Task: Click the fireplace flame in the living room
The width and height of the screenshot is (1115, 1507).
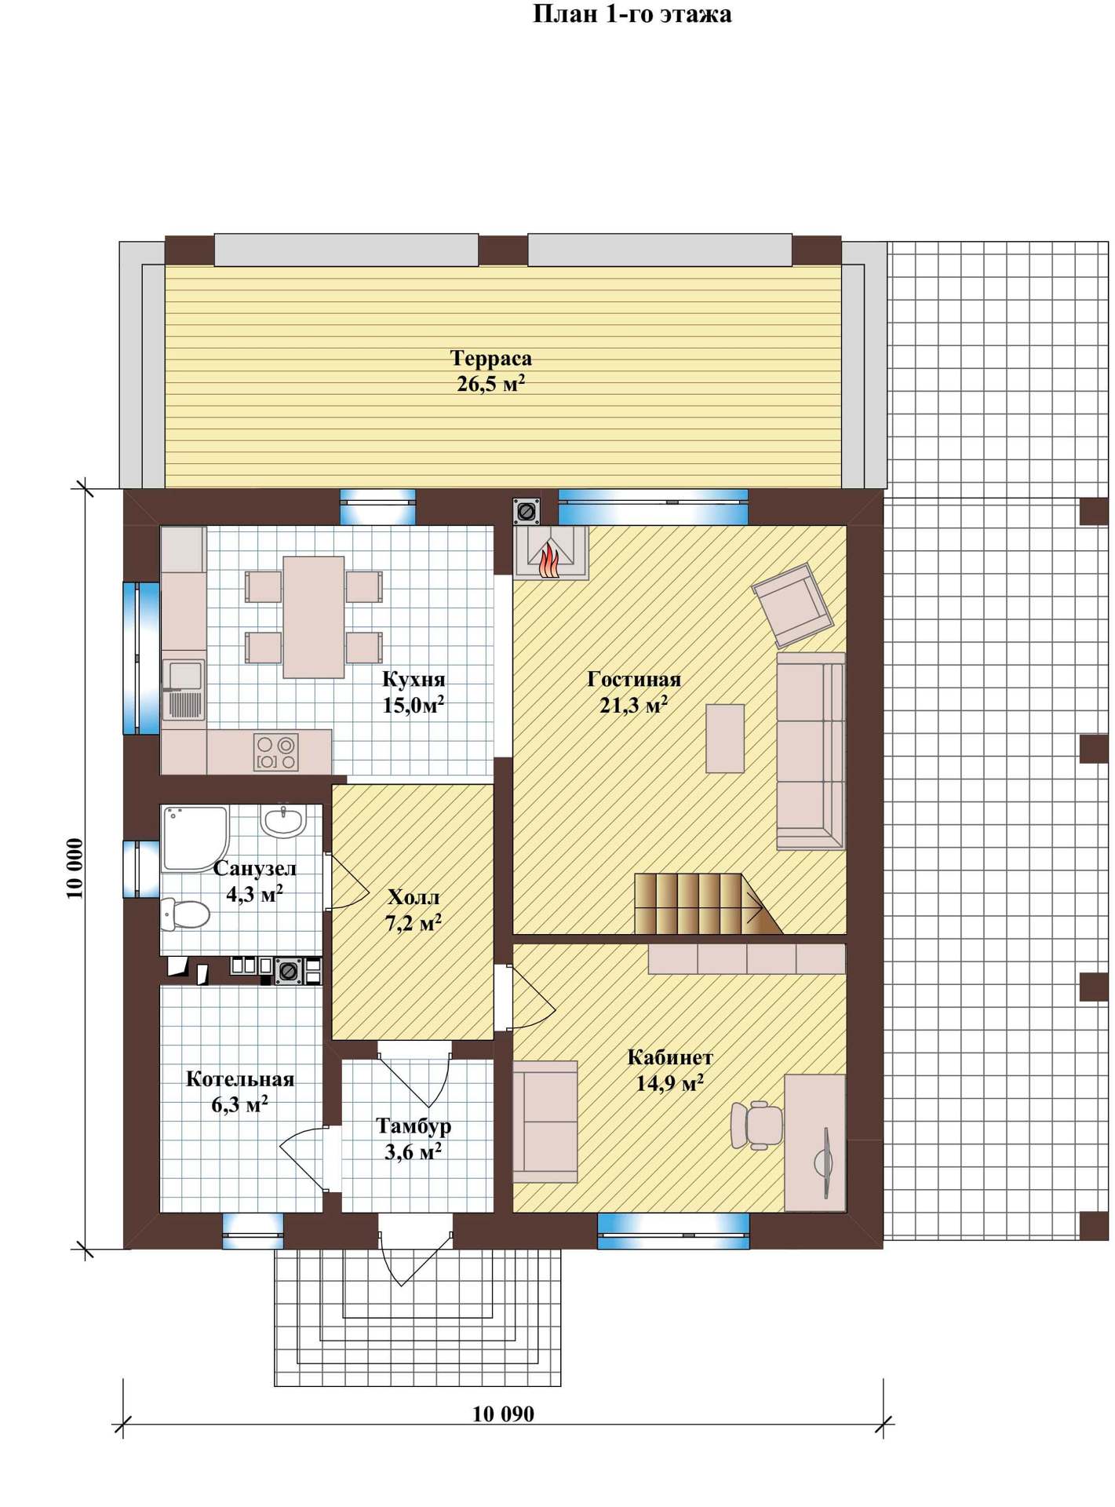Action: pos(549,558)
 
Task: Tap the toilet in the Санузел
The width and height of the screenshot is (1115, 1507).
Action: pos(186,914)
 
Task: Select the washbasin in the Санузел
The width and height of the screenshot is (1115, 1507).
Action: pos(283,821)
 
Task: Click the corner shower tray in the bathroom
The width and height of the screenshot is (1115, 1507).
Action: pos(194,837)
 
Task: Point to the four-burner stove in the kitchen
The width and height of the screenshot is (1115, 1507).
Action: pos(275,752)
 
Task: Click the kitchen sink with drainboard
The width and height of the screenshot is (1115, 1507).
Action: pos(184,689)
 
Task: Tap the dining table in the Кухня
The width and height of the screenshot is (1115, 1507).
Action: pos(314,617)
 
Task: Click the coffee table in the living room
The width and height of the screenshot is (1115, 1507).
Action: pos(725,739)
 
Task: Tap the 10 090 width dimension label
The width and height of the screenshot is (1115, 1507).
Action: pos(503,1414)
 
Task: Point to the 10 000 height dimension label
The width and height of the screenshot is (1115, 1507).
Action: pos(75,868)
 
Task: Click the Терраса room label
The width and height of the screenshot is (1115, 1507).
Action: pos(491,358)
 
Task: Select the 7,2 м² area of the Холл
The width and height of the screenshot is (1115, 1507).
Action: pos(414,922)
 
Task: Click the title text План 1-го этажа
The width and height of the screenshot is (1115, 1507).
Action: pos(632,14)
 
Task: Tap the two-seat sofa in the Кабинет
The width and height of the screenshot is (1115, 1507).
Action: pos(545,1122)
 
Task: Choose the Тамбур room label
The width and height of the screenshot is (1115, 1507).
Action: pos(414,1126)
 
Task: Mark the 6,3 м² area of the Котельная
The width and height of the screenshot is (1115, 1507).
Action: pos(240,1104)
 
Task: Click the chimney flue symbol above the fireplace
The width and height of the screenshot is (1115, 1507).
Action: pos(527,511)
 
